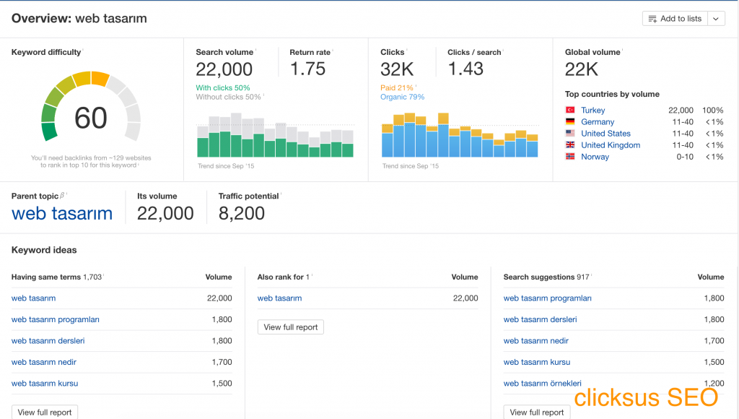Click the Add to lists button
click(675, 19)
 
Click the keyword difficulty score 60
click(91, 118)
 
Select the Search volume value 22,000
click(224, 69)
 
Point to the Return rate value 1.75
click(307, 69)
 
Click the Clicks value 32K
click(397, 69)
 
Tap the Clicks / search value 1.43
click(465, 69)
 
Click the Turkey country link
click(592, 111)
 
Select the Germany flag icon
click(570, 122)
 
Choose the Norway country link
click(595, 157)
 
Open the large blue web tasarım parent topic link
click(62, 213)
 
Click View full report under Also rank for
click(290, 327)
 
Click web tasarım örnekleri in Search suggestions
click(542, 384)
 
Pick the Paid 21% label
click(398, 88)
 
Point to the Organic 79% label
click(402, 97)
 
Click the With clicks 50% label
click(223, 88)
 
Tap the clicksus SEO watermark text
click(646, 397)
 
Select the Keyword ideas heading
click(44, 250)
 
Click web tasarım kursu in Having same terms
click(45, 384)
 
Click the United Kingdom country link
click(610, 145)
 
